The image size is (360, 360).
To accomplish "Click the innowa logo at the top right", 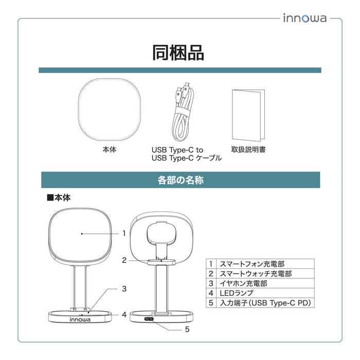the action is pos(304,18).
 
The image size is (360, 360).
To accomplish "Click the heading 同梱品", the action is pos(178,53).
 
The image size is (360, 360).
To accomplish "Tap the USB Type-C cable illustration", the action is pos(183,112).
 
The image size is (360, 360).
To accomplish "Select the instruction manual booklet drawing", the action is pos(248,115).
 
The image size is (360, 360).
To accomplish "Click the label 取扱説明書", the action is pos(248,150).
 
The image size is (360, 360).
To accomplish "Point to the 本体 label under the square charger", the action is pos(110,150).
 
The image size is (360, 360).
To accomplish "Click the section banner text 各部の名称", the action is pos(181,180).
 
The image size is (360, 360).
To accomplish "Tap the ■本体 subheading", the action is pos(59,197).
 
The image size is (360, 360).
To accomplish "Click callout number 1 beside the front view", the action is pos(124,233).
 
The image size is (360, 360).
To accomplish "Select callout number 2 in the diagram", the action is pos(124,260).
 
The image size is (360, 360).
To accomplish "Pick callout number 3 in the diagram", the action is pos(124,289).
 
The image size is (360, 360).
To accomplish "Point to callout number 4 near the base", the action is pos(124,315).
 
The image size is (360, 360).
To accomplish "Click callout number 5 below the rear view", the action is pos(187,330).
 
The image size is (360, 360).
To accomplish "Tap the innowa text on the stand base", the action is pos(80,319).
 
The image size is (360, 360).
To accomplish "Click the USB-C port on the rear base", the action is pos(149,319).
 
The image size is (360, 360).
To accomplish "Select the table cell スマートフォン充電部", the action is pos(265,264).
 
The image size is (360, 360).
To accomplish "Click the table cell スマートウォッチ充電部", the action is pos(265,274).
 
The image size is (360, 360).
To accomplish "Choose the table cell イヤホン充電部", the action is pos(265,283).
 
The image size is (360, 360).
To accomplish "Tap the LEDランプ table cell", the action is pos(265,293).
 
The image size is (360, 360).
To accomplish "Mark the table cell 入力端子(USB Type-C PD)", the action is pos(265,303).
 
